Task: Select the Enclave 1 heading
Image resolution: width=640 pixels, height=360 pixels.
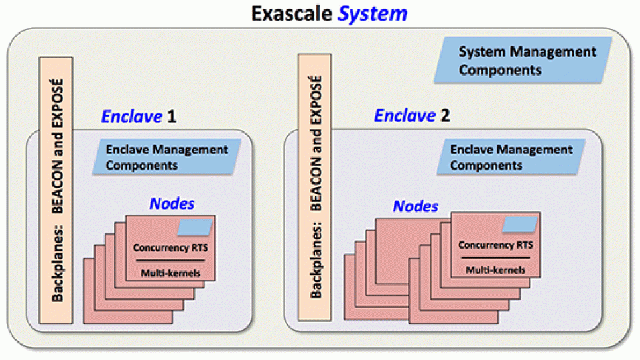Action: pos(139,117)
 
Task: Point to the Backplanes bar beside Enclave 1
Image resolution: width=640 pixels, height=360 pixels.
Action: pos(56,189)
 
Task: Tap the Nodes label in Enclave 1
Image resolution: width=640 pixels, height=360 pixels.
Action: pos(172,203)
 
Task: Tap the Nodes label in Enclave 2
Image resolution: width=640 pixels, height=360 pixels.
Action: pos(416,206)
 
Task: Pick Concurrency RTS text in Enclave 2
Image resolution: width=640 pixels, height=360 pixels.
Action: pos(495,245)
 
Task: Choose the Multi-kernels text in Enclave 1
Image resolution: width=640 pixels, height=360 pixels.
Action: pos(170,273)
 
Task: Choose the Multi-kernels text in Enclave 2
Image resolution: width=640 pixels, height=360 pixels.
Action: pos(495,270)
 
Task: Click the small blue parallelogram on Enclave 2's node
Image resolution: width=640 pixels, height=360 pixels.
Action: pos(520,224)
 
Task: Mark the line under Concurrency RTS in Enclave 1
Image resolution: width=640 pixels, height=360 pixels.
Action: pos(170,261)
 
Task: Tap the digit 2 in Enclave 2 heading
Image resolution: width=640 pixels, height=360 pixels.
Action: pos(445,116)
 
